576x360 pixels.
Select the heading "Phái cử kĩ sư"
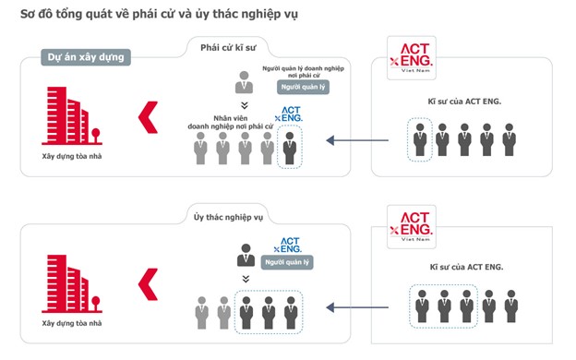(x=230, y=46)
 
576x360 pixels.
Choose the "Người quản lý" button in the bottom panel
(x=288, y=262)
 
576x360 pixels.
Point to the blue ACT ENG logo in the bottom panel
(x=290, y=244)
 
